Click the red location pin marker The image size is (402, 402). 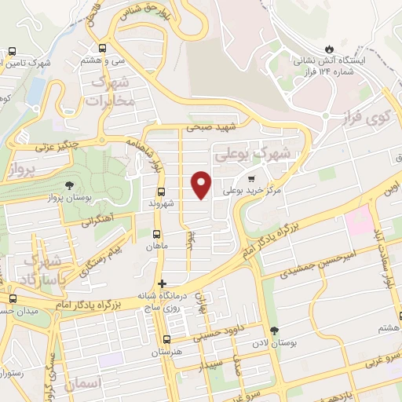[x=202, y=185]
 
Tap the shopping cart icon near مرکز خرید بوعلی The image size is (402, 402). [x=251, y=177]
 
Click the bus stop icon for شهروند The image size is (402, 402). [x=161, y=192]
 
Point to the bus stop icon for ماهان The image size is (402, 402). [x=155, y=234]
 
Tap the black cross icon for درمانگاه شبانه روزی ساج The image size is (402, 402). [x=162, y=283]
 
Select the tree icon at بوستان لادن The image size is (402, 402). [x=273, y=331]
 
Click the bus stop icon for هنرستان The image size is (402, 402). [x=166, y=339]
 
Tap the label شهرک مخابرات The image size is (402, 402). [x=112, y=92]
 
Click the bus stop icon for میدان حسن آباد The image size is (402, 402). [x=12, y=298]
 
